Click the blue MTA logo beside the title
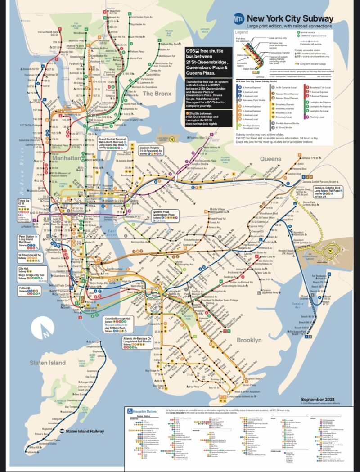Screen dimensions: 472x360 tap(240, 19)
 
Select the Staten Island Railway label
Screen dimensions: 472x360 tap(87, 431)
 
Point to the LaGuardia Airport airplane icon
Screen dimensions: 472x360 tap(172, 140)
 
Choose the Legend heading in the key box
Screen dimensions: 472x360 tap(242, 33)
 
